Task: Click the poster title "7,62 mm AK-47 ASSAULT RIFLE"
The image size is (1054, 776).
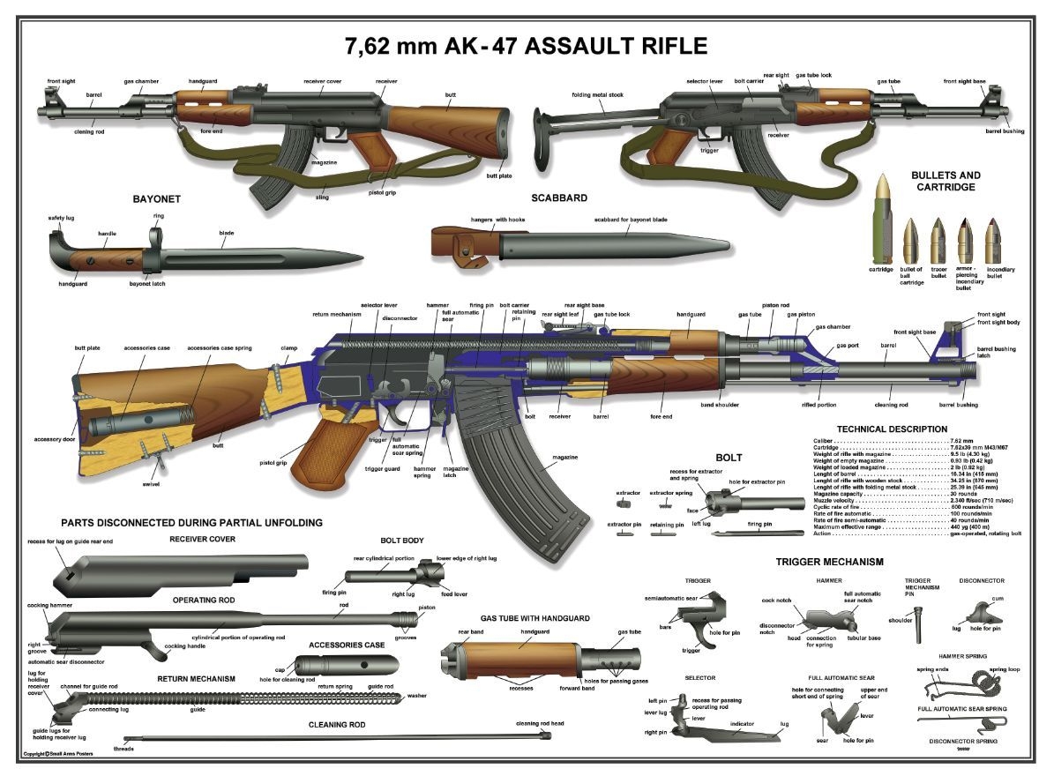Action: [x=526, y=46]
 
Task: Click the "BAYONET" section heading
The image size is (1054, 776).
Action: [x=156, y=199]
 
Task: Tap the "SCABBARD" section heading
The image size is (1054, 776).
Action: [x=558, y=198]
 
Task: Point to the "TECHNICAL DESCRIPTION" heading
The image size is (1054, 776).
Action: [x=892, y=429]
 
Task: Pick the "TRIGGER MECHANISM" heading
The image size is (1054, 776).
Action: [x=829, y=562]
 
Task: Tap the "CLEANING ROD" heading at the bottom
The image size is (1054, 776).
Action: [x=336, y=725]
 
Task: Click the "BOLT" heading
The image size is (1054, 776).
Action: [x=729, y=458]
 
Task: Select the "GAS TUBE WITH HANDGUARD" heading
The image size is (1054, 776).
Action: [x=534, y=618]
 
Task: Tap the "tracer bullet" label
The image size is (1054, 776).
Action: [x=938, y=272]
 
